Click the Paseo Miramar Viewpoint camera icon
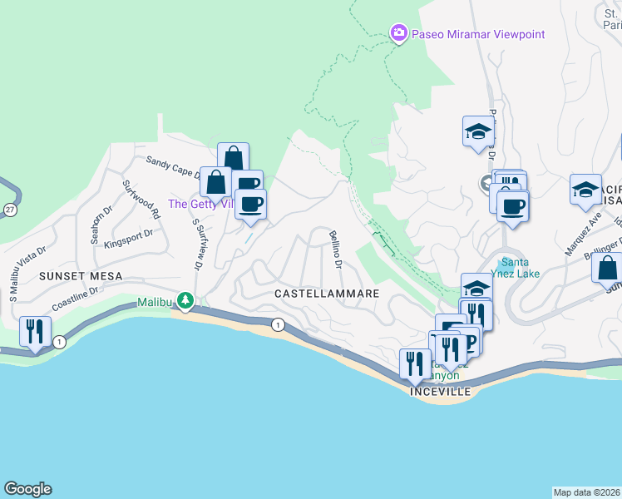coord(398,33)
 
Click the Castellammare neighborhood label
coord(327,294)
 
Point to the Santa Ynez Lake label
coord(521,268)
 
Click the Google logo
coord(27,489)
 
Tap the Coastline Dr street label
coord(76,299)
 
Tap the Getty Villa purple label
coord(200,204)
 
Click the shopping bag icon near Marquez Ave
coord(607,268)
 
